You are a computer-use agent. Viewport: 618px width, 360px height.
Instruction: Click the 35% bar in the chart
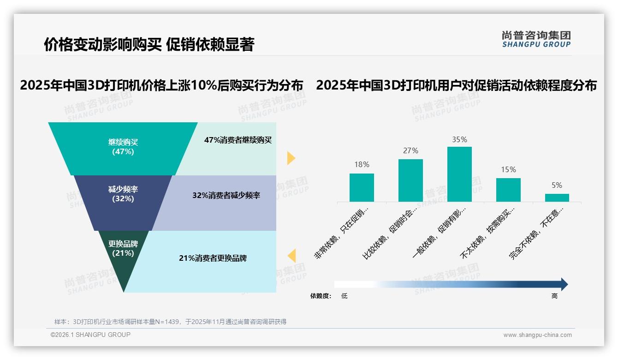459,174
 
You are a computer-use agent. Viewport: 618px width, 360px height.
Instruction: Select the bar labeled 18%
362,187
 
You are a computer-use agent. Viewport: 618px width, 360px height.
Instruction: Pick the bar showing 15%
508,190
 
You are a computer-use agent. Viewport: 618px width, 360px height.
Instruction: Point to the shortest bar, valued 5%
557,198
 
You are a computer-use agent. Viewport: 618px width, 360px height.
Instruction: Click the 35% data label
459,139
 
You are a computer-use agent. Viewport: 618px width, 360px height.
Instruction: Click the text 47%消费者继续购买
238,140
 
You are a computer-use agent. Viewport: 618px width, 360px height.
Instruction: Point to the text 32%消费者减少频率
226,195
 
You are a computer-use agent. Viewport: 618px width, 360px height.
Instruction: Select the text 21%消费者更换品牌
213,258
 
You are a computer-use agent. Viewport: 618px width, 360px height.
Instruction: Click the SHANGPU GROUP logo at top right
536,39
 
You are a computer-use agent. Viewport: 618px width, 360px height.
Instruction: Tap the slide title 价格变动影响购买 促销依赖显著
149,44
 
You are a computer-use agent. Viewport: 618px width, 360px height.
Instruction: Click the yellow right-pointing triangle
291,158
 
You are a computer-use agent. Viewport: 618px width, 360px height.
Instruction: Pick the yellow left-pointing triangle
291,255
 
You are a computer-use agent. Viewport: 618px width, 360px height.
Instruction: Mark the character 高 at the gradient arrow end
554,296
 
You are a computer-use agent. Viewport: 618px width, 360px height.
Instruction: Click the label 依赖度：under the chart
321,296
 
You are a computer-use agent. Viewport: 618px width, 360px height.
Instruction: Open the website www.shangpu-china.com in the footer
537,335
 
